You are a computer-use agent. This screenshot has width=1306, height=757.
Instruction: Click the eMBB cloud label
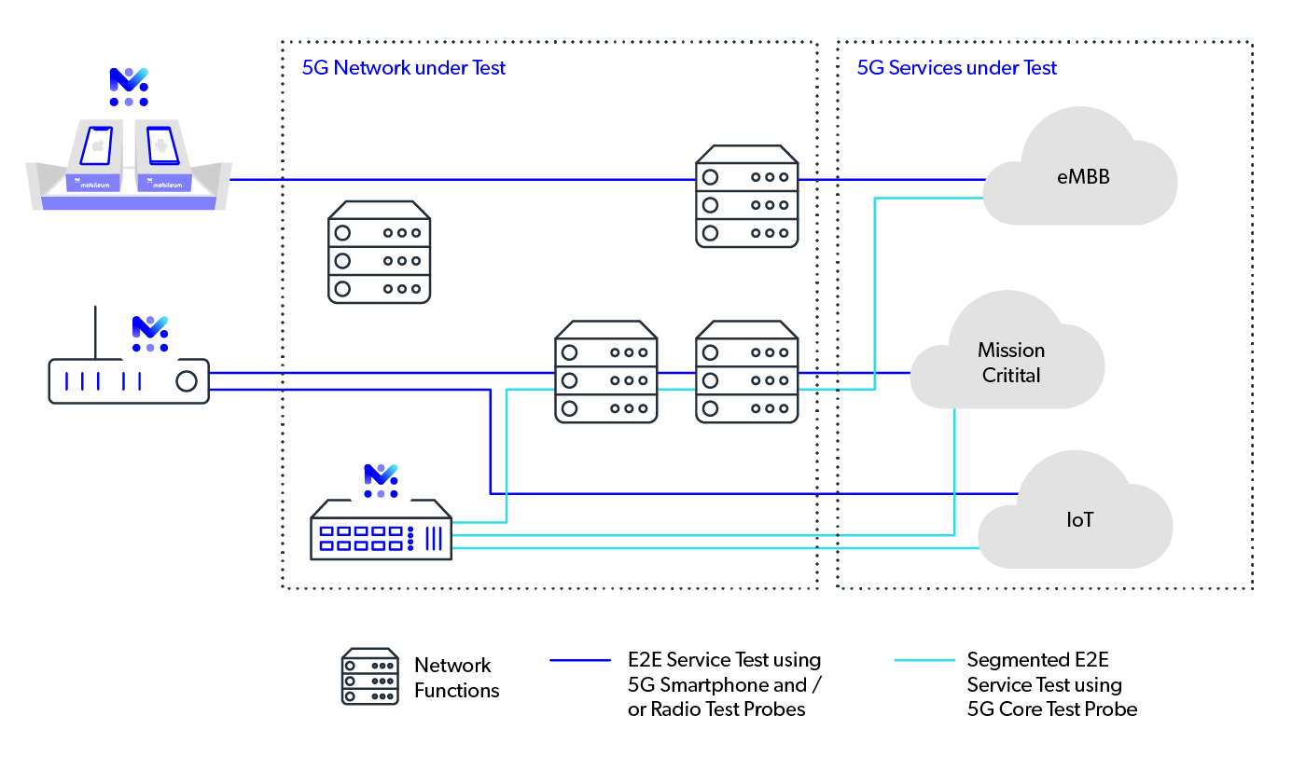click(x=1083, y=176)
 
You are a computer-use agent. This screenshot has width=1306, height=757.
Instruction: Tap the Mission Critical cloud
click(x=1010, y=363)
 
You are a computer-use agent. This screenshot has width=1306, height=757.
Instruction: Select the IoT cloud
click(x=1079, y=520)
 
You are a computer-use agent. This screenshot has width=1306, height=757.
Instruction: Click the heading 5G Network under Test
click(x=403, y=68)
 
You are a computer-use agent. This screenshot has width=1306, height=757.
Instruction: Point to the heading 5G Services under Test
click(x=957, y=68)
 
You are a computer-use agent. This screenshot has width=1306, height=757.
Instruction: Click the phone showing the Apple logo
click(x=97, y=145)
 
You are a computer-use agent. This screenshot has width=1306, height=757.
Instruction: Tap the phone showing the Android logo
click(x=162, y=145)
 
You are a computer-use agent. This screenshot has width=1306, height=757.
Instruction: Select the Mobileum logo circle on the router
click(x=150, y=333)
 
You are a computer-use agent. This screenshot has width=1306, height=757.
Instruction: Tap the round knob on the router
click(x=187, y=381)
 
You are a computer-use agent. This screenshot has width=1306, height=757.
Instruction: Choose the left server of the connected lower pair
click(x=606, y=372)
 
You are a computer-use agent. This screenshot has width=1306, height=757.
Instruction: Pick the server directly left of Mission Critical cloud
click(x=747, y=372)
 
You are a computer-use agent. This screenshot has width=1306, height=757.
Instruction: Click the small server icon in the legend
click(x=369, y=676)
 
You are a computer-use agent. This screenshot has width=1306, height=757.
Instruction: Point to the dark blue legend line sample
click(x=580, y=660)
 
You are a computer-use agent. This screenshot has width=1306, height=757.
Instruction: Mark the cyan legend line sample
click(x=924, y=660)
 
